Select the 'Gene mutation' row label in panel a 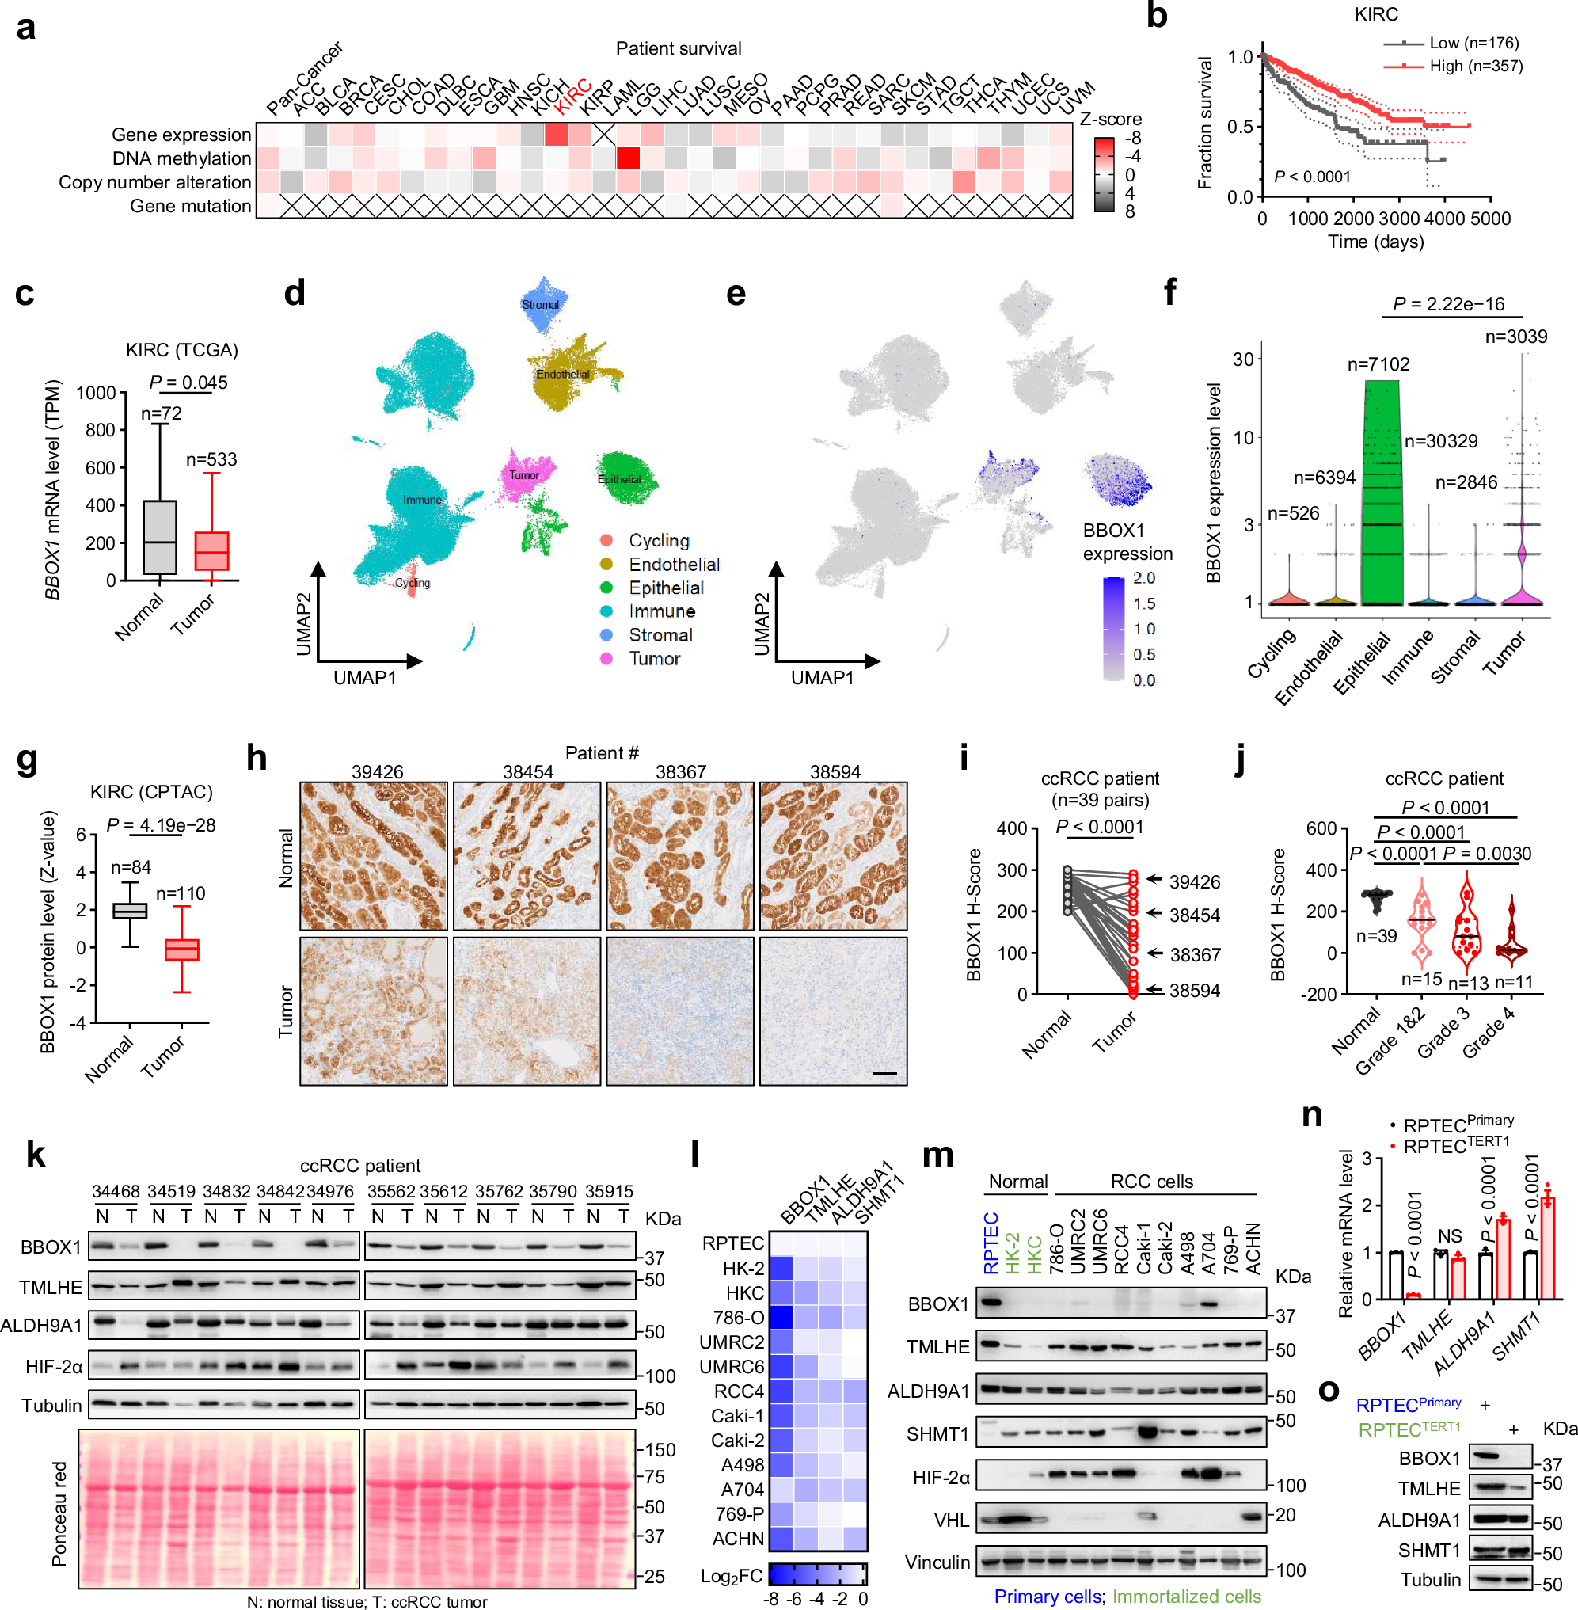tap(190, 207)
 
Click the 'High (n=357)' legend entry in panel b tap(1476, 66)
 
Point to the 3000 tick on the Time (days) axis tap(1398, 219)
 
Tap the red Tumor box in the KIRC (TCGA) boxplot tap(211, 551)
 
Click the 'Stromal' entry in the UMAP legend tap(660, 635)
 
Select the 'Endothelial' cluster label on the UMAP tap(563, 374)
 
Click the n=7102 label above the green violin tap(1378, 364)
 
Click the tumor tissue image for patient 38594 tap(833, 1011)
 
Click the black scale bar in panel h tap(885, 1074)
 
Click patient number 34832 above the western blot tap(226, 1191)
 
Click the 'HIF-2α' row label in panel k tap(53, 1366)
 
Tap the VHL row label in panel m tap(951, 1521)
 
